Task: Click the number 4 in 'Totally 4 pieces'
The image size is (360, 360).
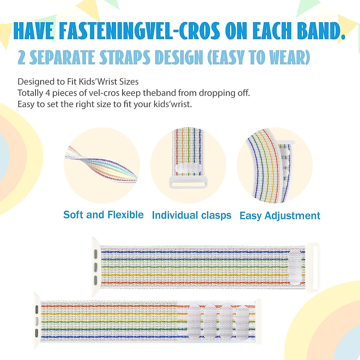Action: [x=47, y=93]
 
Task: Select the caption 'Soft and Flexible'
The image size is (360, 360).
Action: [x=103, y=215]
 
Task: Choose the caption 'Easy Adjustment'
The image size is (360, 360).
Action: [x=280, y=216]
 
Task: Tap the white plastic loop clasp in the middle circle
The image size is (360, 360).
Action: [x=188, y=182]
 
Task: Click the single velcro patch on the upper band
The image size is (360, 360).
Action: [x=295, y=267]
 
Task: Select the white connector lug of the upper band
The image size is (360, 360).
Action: [x=95, y=267]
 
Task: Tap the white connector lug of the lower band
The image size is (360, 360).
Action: [x=37, y=321]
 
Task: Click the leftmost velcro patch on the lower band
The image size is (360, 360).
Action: [x=194, y=322]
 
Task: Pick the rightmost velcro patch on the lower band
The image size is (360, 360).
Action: [x=242, y=322]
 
